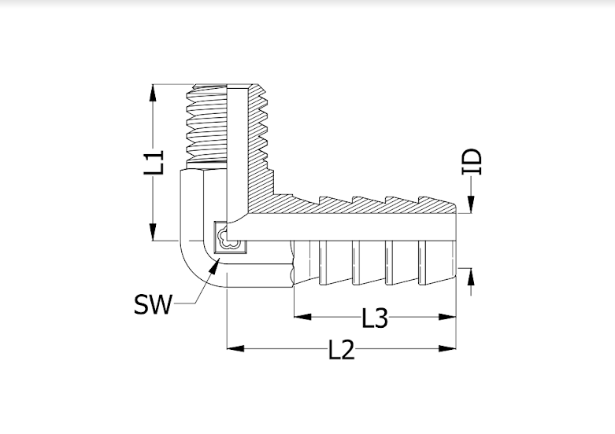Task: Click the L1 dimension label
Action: tap(154, 162)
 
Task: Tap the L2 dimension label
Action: tap(341, 349)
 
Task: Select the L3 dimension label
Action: tap(375, 318)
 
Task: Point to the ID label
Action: tap(472, 161)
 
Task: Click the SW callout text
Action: tap(153, 304)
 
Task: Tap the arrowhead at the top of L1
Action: tap(153, 95)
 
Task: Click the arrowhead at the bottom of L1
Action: tap(153, 230)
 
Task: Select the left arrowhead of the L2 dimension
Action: tap(236, 348)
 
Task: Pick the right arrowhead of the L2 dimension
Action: tap(447, 348)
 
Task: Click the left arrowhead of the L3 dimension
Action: tap(303, 317)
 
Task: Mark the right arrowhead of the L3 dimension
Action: tap(447, 317)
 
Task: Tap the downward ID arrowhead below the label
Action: tap(471, 204)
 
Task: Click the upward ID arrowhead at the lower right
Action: tap(471, 278)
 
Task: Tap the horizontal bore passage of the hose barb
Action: tap(352, 227)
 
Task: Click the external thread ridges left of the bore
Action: tap(206, 123)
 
